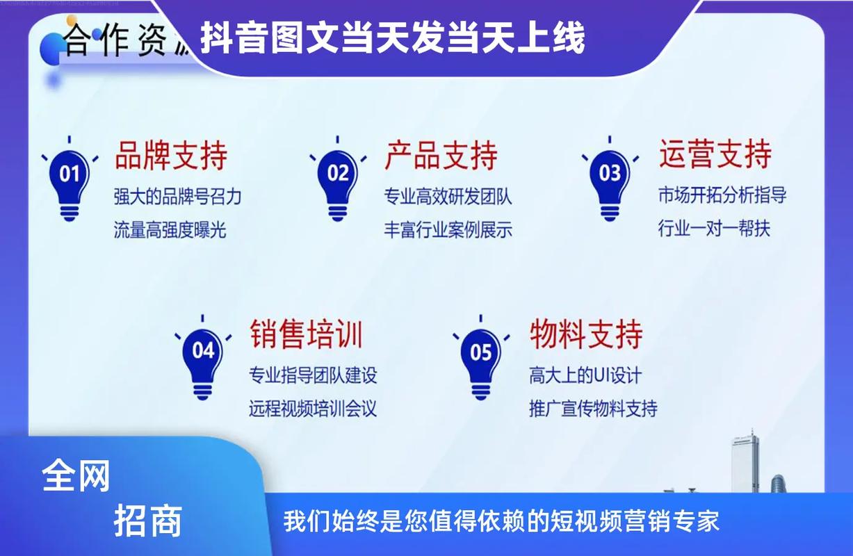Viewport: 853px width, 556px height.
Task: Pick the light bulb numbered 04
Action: point(203,357)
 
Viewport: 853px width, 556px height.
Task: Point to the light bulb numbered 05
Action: point(481,359)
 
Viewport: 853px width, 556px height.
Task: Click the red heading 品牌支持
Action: point(171,155)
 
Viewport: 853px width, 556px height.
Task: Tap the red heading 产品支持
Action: point(441,155)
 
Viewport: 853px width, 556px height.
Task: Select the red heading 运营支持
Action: point(715,154)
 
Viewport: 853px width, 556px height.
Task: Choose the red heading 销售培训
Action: point(307,334)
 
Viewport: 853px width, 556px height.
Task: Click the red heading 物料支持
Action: point(586,334)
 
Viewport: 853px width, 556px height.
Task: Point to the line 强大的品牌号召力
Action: point(177,197)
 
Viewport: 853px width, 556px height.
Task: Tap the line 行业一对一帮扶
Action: point(714,229)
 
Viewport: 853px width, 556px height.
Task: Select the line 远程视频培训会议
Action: point(313,409)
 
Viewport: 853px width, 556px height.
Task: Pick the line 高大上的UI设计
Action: point(585,376)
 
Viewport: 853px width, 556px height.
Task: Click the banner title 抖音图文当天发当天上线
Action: point(393,38)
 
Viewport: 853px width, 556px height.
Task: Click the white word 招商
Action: point(148,521)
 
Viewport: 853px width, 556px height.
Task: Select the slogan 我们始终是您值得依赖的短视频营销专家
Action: point(501,521)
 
